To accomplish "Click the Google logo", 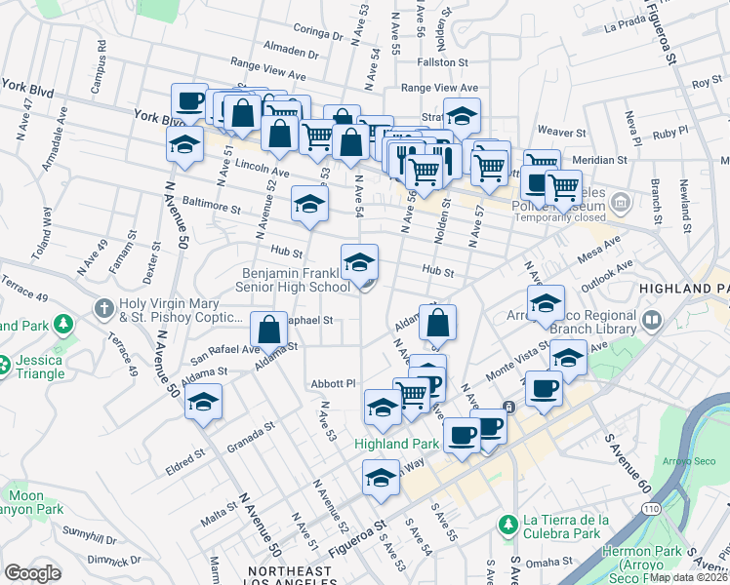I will click(x=32, y=573).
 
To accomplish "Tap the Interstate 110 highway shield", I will click(x=650, y=509).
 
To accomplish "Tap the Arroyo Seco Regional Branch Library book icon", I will click(x=652, y=320).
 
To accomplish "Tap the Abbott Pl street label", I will click(x=333, y=383).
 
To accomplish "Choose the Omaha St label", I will click(x=553, y=561).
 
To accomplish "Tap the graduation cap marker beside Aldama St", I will click(x=203, y=403).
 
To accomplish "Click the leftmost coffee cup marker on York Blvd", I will click(x=188, y=101).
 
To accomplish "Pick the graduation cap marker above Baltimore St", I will click(x=309, y=205).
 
